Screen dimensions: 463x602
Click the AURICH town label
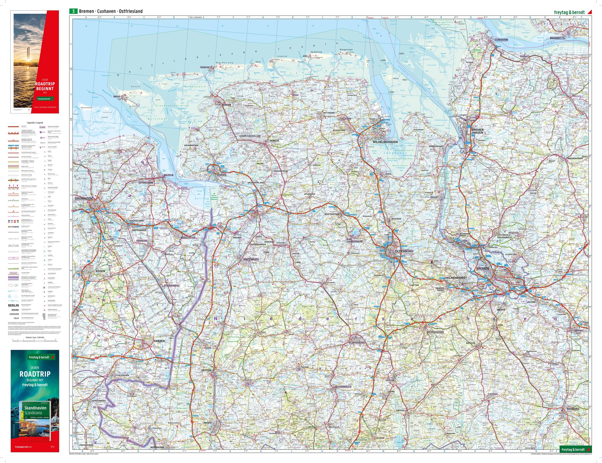click(274, 140)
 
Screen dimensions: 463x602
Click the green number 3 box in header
click(73, 11)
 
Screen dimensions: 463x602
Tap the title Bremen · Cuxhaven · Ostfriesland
click(111, 11)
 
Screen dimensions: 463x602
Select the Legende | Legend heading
click(35, 123)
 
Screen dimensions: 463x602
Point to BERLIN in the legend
click(13, 305)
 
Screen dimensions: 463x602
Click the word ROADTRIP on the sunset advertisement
click(44, 84)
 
